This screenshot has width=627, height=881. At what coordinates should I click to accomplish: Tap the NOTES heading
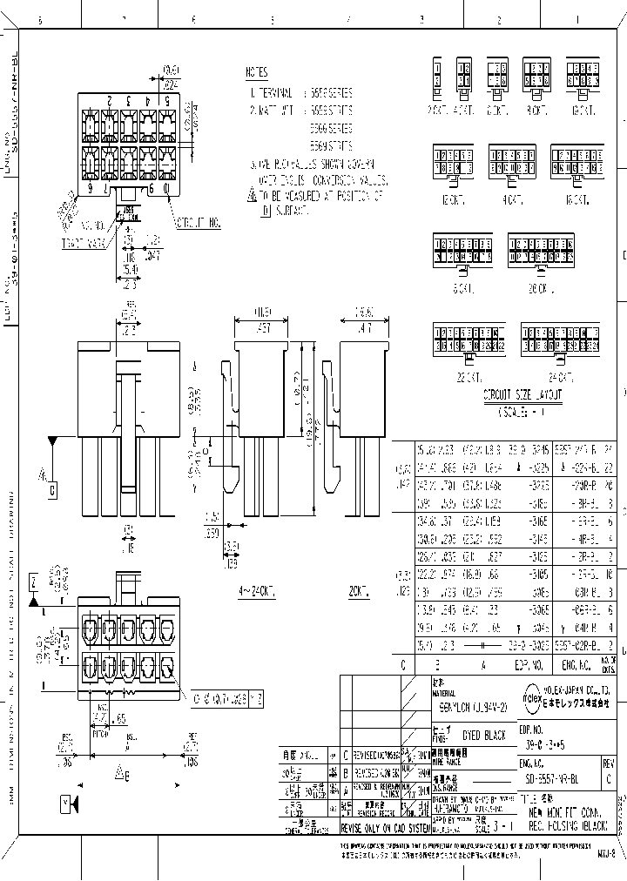(x=257, y=73)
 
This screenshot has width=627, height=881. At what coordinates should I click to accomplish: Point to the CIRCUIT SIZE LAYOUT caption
(x=522, y=394)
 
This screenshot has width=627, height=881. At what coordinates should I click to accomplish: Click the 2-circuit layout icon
(x=438, y=75)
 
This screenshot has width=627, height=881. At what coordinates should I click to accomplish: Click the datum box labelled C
(x=52, y=491)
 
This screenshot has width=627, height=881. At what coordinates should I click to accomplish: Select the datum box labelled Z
(x=33, y=579)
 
